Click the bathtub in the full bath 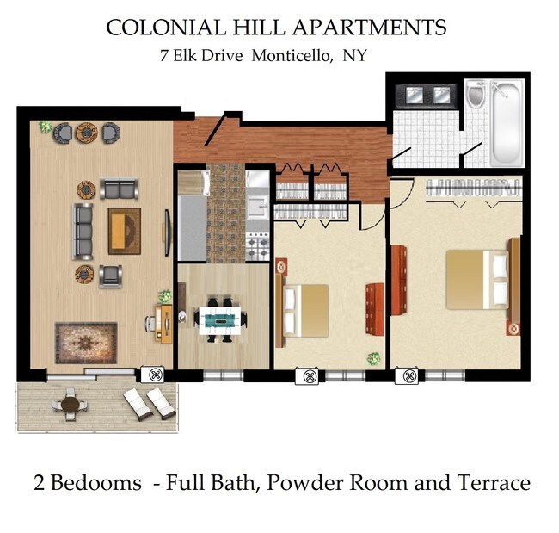pyautogui.click(x=505, y=124)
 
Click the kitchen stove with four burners pyautogui.click(x=258, y=248)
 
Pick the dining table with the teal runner pyautogui.click(x=221, y=319)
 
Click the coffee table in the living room pyautogui.click(x=124, y=231)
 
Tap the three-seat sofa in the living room pyautogui.click(x=84, y=231)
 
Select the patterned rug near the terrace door pyautogui.click(x=84, y=341)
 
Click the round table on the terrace pyautogui.click(x=70, y=402)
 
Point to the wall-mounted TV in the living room pyautogui.click(x=167, y=231)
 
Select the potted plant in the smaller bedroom pyautogui.click(x=373, y=358)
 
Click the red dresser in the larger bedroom pyautogui.click(x=397, y=279)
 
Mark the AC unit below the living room pyautogui.click(x=156, y=375)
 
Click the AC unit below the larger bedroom pyautogui.click(x=406, y=375)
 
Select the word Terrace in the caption pyautogui.click(x=491, y=483)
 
